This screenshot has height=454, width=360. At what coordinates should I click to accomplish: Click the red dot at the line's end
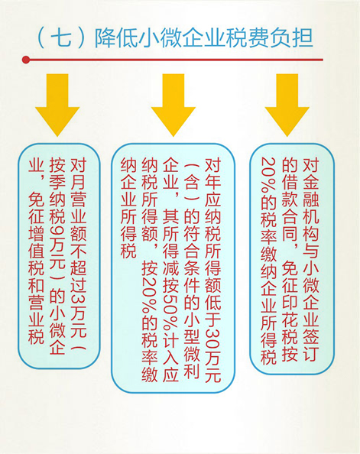pos(26,60)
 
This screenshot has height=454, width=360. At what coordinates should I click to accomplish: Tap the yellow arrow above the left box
pos(57,105)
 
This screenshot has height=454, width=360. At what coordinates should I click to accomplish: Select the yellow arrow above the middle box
pos(174,105)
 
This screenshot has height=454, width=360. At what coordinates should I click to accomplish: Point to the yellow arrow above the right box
pos(287,105)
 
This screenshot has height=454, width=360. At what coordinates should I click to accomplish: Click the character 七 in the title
pos(61,38)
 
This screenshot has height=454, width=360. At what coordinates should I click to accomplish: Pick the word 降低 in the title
pos(116,38)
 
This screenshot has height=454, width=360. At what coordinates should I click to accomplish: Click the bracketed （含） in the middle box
pos(192,182)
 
